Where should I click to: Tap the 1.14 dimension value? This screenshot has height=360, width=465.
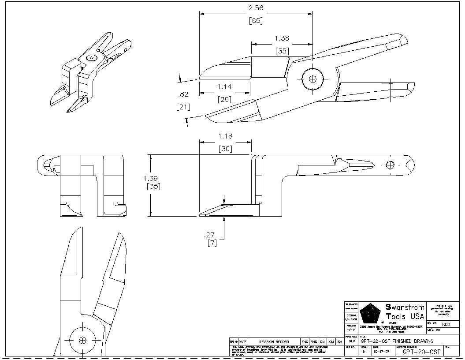pyautogui.click(x=224, y=87)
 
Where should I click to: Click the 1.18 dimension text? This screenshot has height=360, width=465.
pyautogui.click(x=225, y=136)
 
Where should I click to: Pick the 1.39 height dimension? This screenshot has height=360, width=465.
pyautogui.click(x=151, y=178)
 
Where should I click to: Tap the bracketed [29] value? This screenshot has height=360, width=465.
pyautogui.click(x=224, y=99)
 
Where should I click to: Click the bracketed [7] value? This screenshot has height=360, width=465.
pyautogui.click(x=212, y=243)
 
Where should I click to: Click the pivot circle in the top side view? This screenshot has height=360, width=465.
pyautogui.click(x=313, y=79)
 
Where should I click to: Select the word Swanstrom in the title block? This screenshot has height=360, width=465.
pyautogui.click(x=405, y=307)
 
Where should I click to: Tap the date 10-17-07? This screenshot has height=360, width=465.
pyautogui.click(x=382, y=352)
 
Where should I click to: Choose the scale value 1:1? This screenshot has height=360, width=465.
pyautogui.click(x=365, y=352)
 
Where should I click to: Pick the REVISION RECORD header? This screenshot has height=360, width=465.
pyautogui.click(x=274, y=341)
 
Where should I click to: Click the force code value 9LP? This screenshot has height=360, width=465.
pyautogui.click(x=352, y=341)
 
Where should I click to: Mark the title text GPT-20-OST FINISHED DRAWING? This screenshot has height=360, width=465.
pyautogui.click(x=397, y=341)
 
